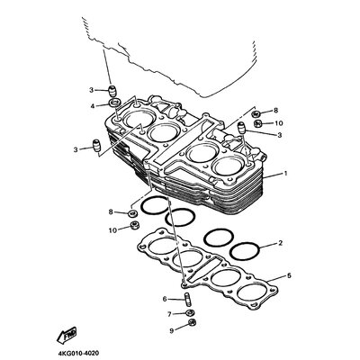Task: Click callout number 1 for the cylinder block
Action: click(x=285, y=173)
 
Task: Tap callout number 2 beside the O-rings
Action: click(x=280, y=243)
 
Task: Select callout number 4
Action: click(x=93, y=106)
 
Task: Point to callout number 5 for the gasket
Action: click(x=289, y=275)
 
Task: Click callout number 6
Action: click(x=165, y=299)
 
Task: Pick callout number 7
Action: click(x=169, y=314)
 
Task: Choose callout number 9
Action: click(x=172, y=331)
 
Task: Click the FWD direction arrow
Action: click(x=67, y=335)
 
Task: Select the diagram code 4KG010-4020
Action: click(x=78, y=353)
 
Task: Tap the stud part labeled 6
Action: click(x=185, y=299)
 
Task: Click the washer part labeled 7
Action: click(x=189, y=313)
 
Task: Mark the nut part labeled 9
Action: click(x=192, y=323)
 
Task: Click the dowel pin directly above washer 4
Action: click(x=112, y=91)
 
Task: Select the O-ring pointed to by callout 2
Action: click(x=244, y=251)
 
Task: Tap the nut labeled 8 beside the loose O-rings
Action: click(x=132, y=213)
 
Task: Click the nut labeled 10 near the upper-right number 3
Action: click(x=258, y=123)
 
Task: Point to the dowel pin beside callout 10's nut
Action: click(x=242, y=127)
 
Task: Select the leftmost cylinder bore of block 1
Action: click(x=139, y=119)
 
